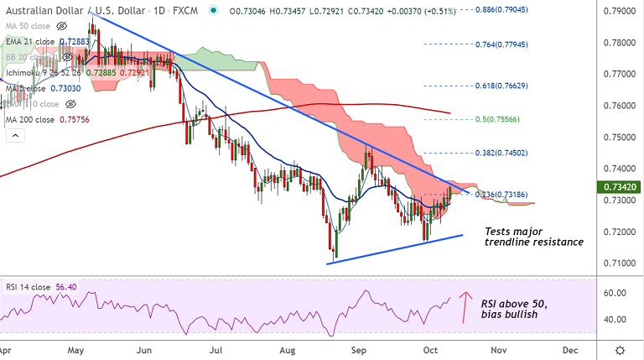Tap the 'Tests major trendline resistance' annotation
click(533, 236)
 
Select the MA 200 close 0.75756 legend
click(46, 119)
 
